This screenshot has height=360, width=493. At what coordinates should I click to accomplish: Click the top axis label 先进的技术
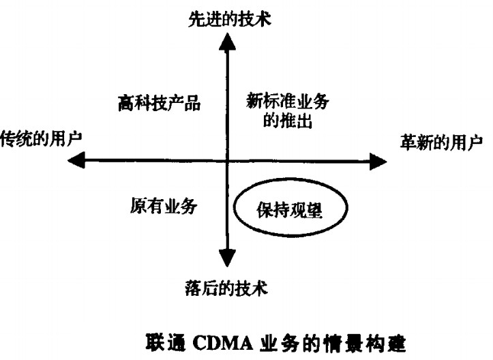coord(230,18)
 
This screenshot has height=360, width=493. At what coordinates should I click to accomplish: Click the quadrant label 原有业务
coord(163,206)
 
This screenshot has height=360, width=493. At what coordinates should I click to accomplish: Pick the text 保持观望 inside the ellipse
coord(291,211)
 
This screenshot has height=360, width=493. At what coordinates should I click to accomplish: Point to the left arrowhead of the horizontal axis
coord(76,161)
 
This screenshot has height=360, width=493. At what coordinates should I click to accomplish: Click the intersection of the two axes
coord(226,162)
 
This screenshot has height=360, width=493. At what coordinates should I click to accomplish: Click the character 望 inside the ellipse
coord(312,211)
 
